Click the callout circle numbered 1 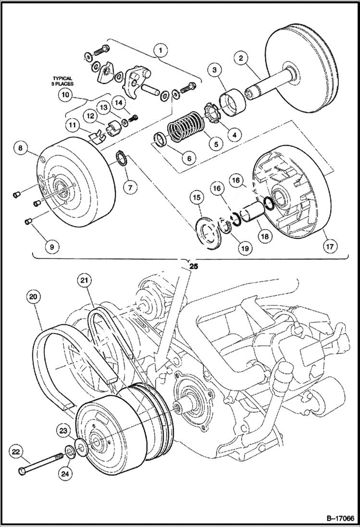coord(161,49)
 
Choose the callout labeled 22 coord(16,452)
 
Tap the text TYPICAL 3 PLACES coord(62,81)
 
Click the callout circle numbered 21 coord(85,280)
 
